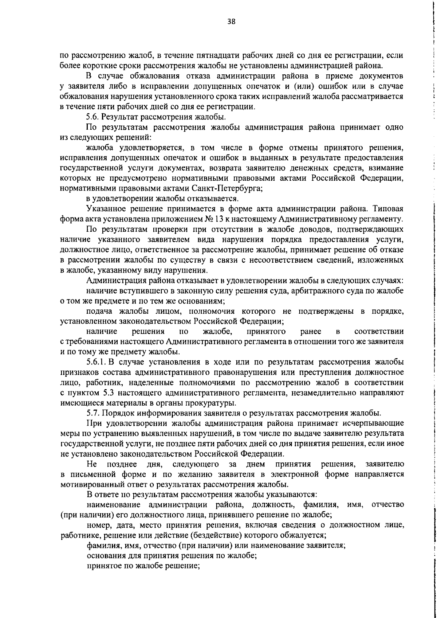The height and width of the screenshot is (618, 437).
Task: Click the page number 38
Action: pyautogui.click(x=231, y=21)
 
